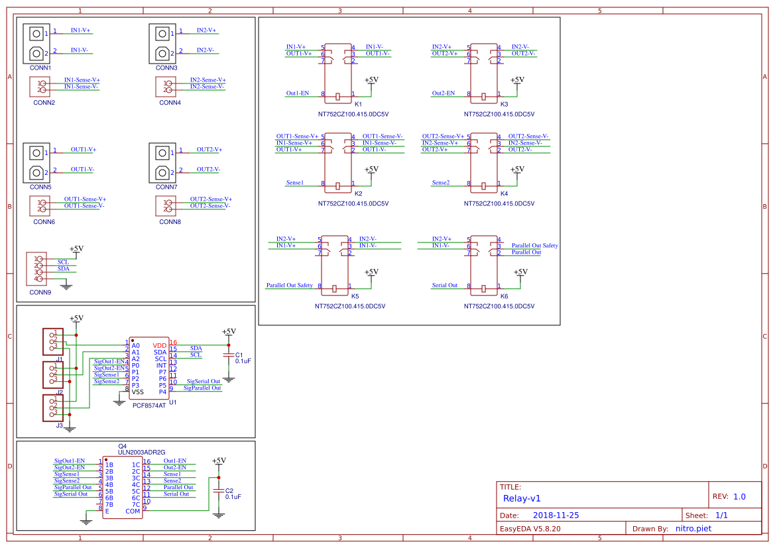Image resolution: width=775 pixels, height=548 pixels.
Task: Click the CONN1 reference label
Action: coord(40,68)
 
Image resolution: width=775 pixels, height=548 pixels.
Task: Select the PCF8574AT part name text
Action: coord(149,405)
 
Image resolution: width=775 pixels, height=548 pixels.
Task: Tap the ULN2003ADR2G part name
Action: coord(141,452)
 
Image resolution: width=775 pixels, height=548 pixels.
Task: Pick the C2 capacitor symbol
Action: coord(219,490)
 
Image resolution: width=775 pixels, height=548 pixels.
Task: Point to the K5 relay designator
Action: coord(355,296)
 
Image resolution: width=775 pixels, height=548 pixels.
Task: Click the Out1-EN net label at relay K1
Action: coord(298,93)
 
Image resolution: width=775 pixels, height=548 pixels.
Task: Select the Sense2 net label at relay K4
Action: coord(441,182)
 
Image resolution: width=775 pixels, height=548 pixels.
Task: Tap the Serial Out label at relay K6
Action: coord(445,286)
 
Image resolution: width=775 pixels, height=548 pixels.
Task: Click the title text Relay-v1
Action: coord(522,498)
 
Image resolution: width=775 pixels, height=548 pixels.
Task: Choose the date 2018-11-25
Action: coord(556,515)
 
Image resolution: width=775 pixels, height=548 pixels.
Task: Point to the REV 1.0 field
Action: coord(729,496)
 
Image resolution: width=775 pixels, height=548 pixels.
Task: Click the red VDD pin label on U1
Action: coord(160,345)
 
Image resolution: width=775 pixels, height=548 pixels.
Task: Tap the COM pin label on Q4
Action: coord(133,511)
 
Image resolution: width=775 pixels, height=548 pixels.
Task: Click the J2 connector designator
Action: coord(59,392)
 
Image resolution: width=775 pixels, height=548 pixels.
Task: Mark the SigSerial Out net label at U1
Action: coord(204,382)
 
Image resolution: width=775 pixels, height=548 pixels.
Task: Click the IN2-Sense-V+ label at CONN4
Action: coord(208,80)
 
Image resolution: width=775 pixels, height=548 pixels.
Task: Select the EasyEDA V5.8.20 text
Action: coord(530,529)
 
